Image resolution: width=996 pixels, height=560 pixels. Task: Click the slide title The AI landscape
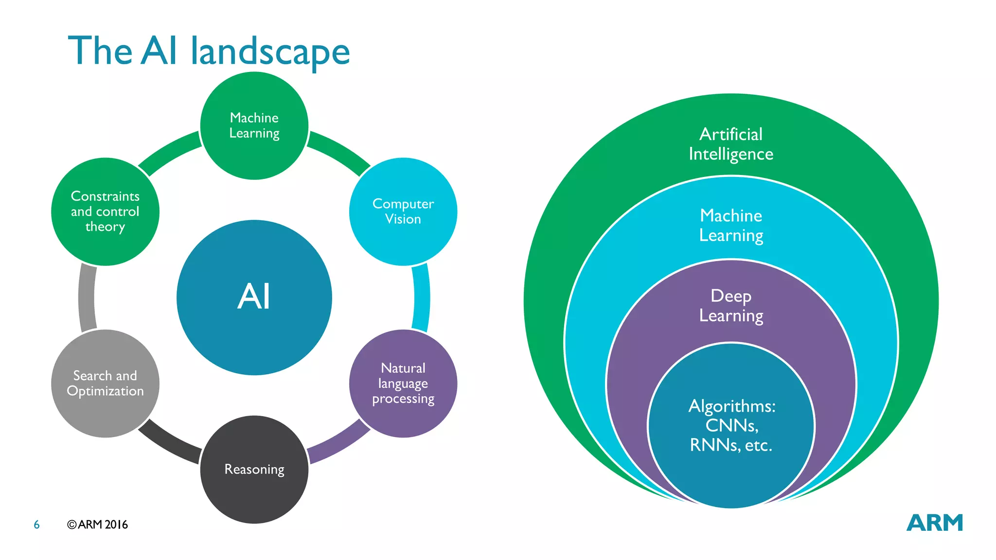pyautogui.click(x=209, y=51)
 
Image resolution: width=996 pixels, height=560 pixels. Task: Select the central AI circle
pyautogui.click(x=254, y=297)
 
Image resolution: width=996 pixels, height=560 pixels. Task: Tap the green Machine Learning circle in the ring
pyautogui.click(x=254, y=125)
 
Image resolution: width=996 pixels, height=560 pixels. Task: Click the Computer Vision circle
pyautogui.click(x=403, y=211)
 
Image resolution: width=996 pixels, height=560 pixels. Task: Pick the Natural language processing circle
pyautogui.click(x=403, y=384)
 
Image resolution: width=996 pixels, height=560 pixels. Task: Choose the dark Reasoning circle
pyautogui.click(x=254, y=470)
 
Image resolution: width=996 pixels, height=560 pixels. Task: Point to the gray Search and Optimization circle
pyautogui.click(x=105, y=384)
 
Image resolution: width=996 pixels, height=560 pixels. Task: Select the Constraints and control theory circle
pyautogui.click(x=105, y=211)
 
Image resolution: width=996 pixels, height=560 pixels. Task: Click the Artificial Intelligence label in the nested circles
pyautogui.click(x=731, y=144)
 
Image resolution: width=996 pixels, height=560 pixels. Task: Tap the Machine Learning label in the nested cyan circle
pyautogui.click(x=731, y=225)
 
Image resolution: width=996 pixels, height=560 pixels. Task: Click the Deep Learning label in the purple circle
pyautogui.click(x=731, y=306)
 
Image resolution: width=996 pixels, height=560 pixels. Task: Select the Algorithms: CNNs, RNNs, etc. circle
pyautogui.click(x=731, y=425)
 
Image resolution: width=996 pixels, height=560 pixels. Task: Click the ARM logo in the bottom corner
pyautogui.click(x=934, y=523)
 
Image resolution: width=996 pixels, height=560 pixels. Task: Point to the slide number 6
pyautogui.click(x=36, y=525)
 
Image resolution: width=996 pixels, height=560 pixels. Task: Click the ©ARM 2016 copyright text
pyautogui.click(x=97, y=525)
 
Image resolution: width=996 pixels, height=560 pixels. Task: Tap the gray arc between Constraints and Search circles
pyautogui.click(x=87, y=297)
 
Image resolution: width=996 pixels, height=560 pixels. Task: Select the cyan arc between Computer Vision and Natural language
pyautogui.click(x=422, y=297)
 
